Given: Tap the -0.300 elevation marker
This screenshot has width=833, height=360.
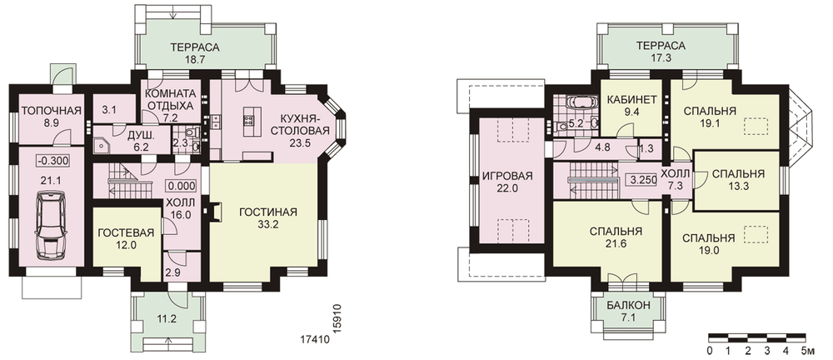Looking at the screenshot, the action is pos(52,161).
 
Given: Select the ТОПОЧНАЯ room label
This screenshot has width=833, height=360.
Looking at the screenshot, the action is pos(51,111).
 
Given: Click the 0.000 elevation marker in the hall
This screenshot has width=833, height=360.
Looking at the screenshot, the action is pos(182,186).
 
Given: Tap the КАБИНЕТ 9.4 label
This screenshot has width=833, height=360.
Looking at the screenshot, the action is pos(631,105).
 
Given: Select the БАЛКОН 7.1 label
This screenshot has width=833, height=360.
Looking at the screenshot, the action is pos(629,312).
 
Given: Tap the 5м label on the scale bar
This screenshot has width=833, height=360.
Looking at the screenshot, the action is pos(807,351).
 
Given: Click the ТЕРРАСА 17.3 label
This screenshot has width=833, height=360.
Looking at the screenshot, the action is pos(661,52).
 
